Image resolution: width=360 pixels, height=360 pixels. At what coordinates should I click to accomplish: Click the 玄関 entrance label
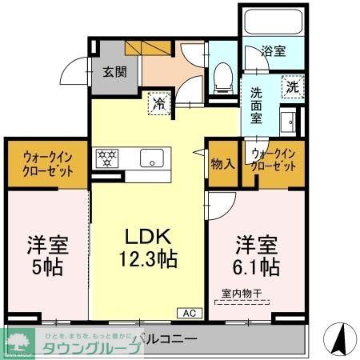point(113,71)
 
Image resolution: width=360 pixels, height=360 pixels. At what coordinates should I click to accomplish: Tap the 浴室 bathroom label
point(274,52)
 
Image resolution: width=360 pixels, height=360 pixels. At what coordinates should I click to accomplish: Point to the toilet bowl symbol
point(223,76)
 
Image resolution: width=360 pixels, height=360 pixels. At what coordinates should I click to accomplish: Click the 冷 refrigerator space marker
point(159,102)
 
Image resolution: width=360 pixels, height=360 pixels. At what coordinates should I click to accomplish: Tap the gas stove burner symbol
point(106,158)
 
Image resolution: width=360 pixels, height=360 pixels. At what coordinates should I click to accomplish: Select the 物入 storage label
point(222,164)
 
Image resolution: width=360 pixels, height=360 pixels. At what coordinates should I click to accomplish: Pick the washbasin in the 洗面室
point(289,122)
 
